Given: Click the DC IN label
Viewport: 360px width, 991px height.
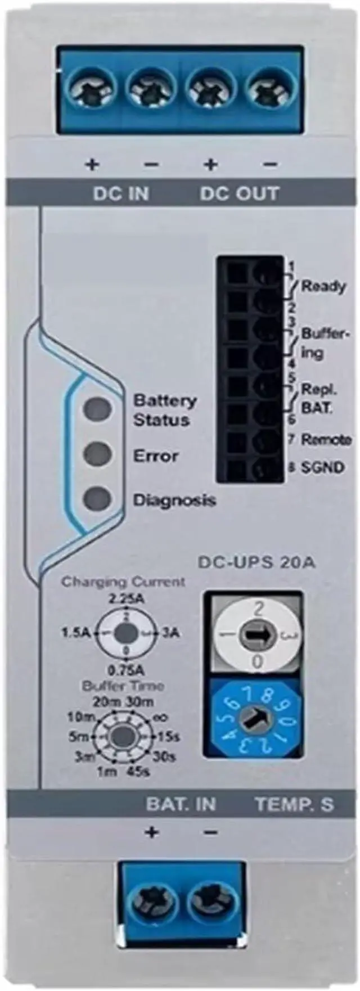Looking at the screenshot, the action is pyautogui.click(x=121, y=193).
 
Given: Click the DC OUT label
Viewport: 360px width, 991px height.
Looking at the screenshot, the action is pyautogui.click(x=240, y=193).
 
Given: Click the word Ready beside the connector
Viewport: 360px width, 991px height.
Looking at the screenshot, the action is pyautogui.click(x=323, y=286).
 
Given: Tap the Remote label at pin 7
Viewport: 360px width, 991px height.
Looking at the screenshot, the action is pyautogui.click(x=326, y=439).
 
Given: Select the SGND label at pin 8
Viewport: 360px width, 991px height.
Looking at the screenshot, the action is pyautogui.click(x=323, y=467).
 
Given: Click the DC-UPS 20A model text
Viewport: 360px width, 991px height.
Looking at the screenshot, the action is pyautogui.click(x=257, y=562).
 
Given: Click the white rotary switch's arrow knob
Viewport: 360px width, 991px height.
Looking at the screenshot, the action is pyautogui.click(x=256, y=635).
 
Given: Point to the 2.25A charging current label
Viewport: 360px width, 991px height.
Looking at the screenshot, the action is pyautogui.click(x=126, y=598).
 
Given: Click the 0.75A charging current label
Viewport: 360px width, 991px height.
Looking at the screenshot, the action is pyautogui.click(x=126, y=670).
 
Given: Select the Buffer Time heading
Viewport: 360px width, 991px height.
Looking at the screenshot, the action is pyautogui.click(x=123, y=686).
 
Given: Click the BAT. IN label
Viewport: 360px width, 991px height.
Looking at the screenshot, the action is pyautogui.click(x=181, y=804).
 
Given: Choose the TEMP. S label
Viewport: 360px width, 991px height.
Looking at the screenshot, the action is pyautogui.click(x=295, y=804).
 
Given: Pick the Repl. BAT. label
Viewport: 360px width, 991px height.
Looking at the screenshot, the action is pyautogui.click(x=319, y=399).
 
